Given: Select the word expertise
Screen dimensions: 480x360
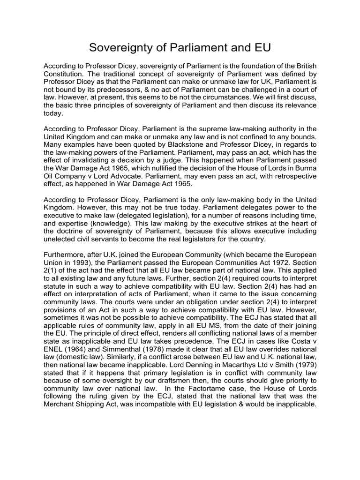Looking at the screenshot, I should click(x=76, y=222).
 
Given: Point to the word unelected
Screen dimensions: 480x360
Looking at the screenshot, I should click(x=60, y=239).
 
